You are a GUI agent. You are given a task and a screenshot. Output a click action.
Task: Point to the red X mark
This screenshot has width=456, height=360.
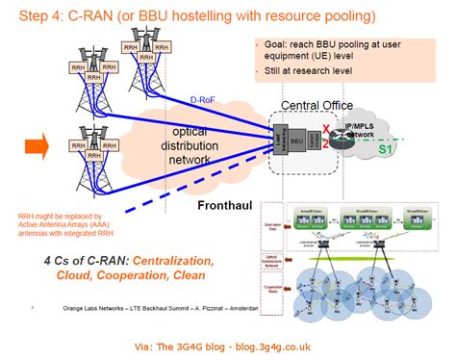click(x=326, y=128)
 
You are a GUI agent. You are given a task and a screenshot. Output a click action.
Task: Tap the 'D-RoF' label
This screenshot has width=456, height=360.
click(x=203, y=99)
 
